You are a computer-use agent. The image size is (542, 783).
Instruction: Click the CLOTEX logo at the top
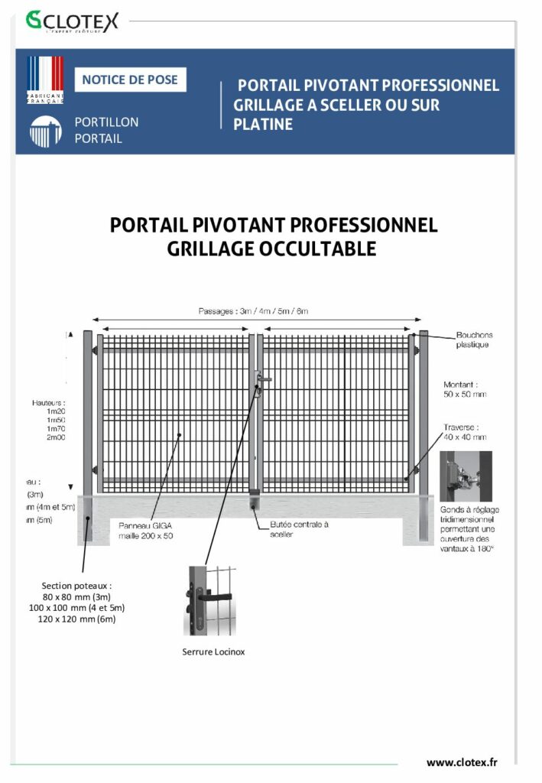tap(73, 21)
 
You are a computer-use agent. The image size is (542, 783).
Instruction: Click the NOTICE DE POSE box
tap(130, 80)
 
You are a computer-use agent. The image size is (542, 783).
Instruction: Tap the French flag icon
tap(45, 80)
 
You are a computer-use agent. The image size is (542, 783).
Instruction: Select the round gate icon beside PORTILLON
tap(45, 132)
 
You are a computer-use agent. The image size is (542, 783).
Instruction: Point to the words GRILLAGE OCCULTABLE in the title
tap(271, 249)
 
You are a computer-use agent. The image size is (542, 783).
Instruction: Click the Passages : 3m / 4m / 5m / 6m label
tap(253, 311)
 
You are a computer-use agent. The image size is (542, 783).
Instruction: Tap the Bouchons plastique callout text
tap(474, 340)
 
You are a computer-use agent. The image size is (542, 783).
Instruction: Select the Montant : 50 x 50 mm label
tap(465, 389)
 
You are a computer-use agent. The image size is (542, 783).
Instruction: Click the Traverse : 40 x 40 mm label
tap(465, 433)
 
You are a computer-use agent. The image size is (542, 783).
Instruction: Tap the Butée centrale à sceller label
tap(299, 529)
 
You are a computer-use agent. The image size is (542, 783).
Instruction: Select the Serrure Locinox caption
tap(213, 652)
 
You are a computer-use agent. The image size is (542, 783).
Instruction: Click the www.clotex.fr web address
tap(462, 762)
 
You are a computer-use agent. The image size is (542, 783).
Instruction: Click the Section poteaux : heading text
tap(75, 586)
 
